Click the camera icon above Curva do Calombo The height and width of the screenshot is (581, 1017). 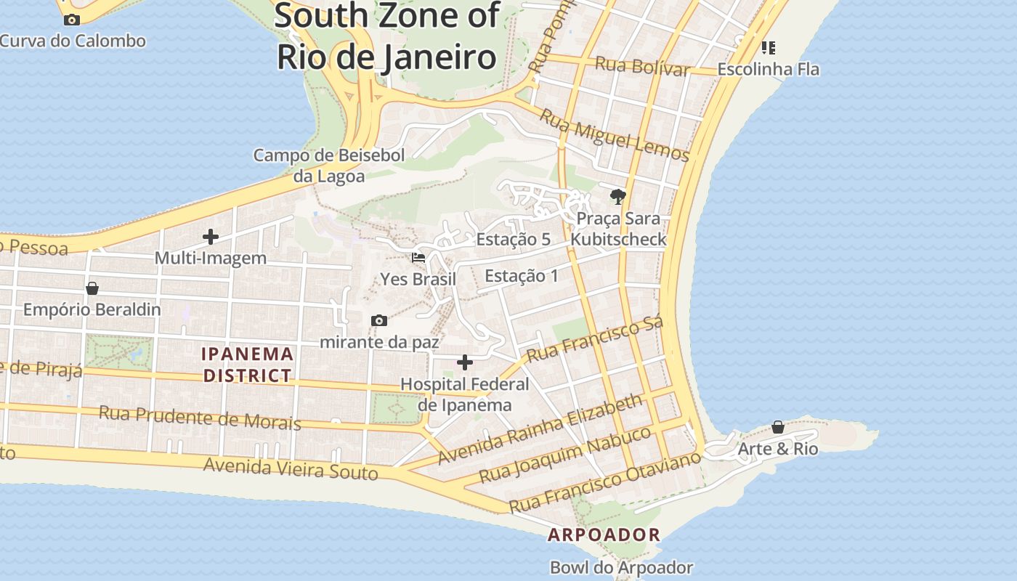(x=71, y=20)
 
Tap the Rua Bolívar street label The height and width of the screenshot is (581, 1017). (x=641, y=66)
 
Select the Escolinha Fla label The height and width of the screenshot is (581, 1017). (x=768, y=69)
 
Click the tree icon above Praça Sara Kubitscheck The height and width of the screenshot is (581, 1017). (x=617, y=196)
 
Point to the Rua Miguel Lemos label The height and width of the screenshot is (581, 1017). (x=614, y=134)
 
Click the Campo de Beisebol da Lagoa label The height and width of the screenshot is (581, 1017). (x=328, y=165)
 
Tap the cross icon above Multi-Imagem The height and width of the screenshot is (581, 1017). (x=211, y=237)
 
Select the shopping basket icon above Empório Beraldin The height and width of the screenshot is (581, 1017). (x=92, y=288)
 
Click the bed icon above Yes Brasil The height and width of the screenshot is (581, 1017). (x=418, y=258)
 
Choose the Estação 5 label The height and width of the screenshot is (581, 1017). (x=513, y=240)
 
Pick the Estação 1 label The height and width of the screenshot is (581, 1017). (x=521, y=276)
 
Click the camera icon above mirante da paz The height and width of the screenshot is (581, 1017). (x=378, y=320)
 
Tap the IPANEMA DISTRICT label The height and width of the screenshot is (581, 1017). (x=248, y=365)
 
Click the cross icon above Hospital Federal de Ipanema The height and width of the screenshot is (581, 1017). (x=465, y=362)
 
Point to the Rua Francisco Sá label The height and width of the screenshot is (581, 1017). (x=594, y=340)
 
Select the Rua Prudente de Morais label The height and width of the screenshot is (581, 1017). (x=200, y=418)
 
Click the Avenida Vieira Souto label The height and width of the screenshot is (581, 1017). (x=291, y=468)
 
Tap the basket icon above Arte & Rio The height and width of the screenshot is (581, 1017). (x=777, y=427)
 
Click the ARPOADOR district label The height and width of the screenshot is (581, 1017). (x=604, y=535)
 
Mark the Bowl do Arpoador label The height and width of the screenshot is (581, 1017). (x=621, y=567)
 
